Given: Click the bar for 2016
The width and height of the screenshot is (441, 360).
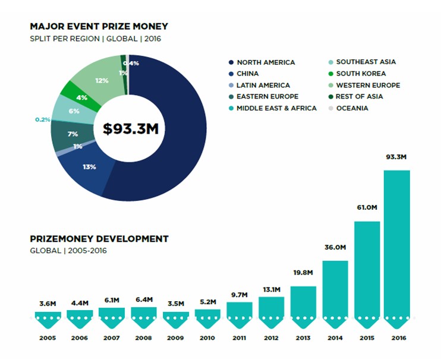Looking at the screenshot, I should [x=397, y=244].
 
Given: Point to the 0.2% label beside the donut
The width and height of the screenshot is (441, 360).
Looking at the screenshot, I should [x=43, y=119].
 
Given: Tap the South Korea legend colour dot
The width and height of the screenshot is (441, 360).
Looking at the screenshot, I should [x=330, y=74].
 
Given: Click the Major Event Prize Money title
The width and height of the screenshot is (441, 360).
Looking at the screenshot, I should [x=99, y=26].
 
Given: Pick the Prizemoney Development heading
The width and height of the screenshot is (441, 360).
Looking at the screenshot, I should [x=99, y=239].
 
